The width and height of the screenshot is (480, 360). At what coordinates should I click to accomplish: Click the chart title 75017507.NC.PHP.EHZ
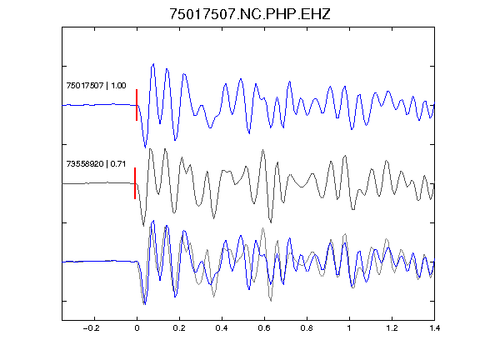point(250,14)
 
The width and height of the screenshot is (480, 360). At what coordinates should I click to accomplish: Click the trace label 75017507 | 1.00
point(96,85)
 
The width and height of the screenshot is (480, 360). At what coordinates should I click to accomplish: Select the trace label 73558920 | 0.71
point(96,164)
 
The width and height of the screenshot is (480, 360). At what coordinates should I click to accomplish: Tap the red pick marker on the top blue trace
point(137,105)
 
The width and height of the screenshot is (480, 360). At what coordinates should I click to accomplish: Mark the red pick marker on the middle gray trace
point(135,183)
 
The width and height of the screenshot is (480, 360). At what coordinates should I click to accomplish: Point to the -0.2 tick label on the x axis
point(92,328)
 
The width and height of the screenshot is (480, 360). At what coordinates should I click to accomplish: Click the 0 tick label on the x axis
point(137,328)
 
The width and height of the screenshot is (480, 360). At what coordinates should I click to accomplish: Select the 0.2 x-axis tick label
point(179,328)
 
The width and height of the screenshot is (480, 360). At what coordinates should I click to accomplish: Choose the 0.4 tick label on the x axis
point(222,328)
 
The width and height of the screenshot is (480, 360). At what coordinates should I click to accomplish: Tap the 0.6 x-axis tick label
point(264,328)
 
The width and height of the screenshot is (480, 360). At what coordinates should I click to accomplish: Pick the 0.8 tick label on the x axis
point(307,328)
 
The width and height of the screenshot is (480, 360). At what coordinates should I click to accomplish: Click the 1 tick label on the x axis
point(349,328)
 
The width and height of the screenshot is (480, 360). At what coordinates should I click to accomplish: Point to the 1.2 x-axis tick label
point(392,328)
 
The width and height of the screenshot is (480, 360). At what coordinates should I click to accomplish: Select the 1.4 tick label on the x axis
point(434,328)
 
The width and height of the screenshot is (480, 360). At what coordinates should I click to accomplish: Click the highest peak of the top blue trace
point(153,64)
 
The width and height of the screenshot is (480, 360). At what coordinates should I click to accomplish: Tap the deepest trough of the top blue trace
point(145,147)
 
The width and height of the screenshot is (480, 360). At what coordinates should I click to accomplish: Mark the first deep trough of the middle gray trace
point(143,226)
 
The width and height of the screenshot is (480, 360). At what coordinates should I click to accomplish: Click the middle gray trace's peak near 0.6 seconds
point(263,150)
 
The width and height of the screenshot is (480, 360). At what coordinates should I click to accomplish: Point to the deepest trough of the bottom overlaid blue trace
point(145,304)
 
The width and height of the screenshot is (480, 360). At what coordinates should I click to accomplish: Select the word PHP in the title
point(280,14)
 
